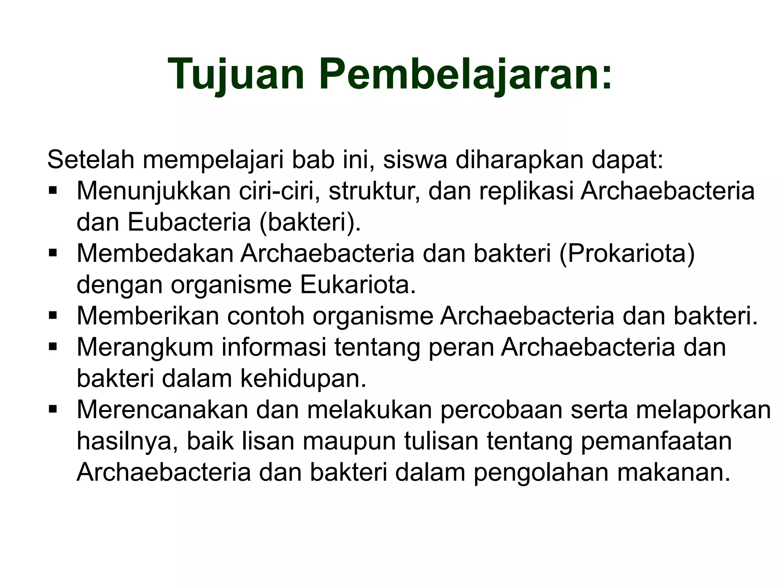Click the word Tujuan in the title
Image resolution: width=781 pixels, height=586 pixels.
pos(236,74)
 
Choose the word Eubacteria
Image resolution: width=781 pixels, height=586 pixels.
pos(189,222)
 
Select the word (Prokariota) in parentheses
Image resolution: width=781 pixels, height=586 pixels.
pos(627,253)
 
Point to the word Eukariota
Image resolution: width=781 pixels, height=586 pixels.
pos(357,285)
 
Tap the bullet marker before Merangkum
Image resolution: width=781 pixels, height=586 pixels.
pos(53,346)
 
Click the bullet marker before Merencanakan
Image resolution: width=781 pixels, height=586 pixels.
pos(53,409)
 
